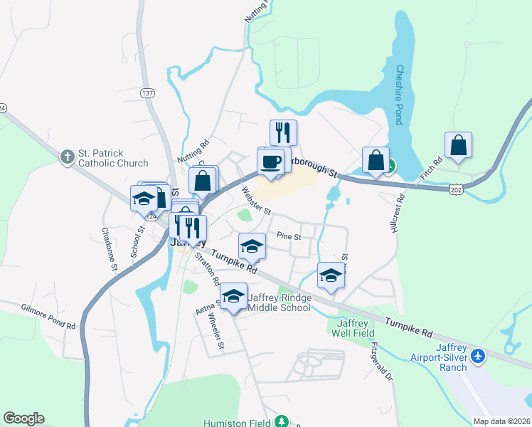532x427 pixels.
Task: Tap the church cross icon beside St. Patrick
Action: [x=67, y=157]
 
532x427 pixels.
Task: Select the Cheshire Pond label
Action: [x=400, y=95]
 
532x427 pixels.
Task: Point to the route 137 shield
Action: [x=147, y=93]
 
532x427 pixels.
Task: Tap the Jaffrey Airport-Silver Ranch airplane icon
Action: [x=478, y=354]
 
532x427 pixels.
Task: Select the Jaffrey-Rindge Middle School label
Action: [x=278, y=302]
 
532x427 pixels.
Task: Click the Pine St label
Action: [x=289, y=235]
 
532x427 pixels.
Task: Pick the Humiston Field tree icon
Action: [x=282, y=421]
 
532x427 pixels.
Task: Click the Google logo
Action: [x=23, y=418]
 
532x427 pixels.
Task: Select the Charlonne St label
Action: [x=107, y=248]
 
